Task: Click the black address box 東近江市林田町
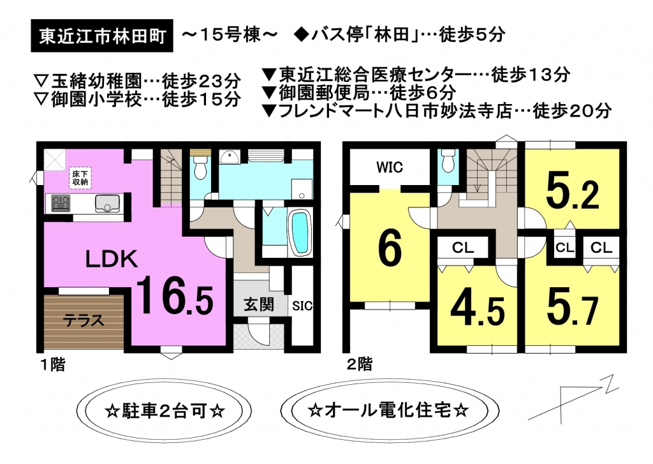(x=102, y=36)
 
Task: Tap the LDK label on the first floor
(x=111, y=259)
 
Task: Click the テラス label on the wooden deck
(x=84, y=321)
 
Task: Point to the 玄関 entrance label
(x=259, y=304)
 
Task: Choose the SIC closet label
(x=302, y=306)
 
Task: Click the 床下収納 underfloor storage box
(x=80, y=178)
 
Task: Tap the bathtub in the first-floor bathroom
(x=300, y=232)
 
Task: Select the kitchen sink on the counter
(x=107, y=204)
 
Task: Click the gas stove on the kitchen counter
(x=61, y=204)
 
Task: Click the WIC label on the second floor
(x=390, y=168)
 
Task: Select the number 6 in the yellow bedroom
(x=390, y=249)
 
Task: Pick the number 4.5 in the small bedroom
(x=478, y=311)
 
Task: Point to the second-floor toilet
(x=448, y=160)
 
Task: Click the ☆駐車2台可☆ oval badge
(x=165, y=410)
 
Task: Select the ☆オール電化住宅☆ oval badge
(x=390, y=410)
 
